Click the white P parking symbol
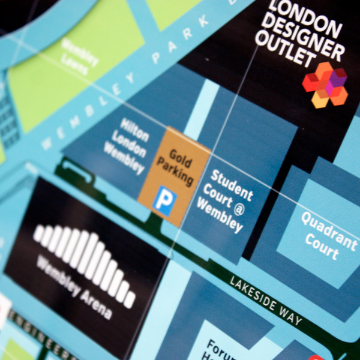pos(164,202)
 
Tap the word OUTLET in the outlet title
pos(285,50)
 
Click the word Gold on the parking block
pos(179,157)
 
